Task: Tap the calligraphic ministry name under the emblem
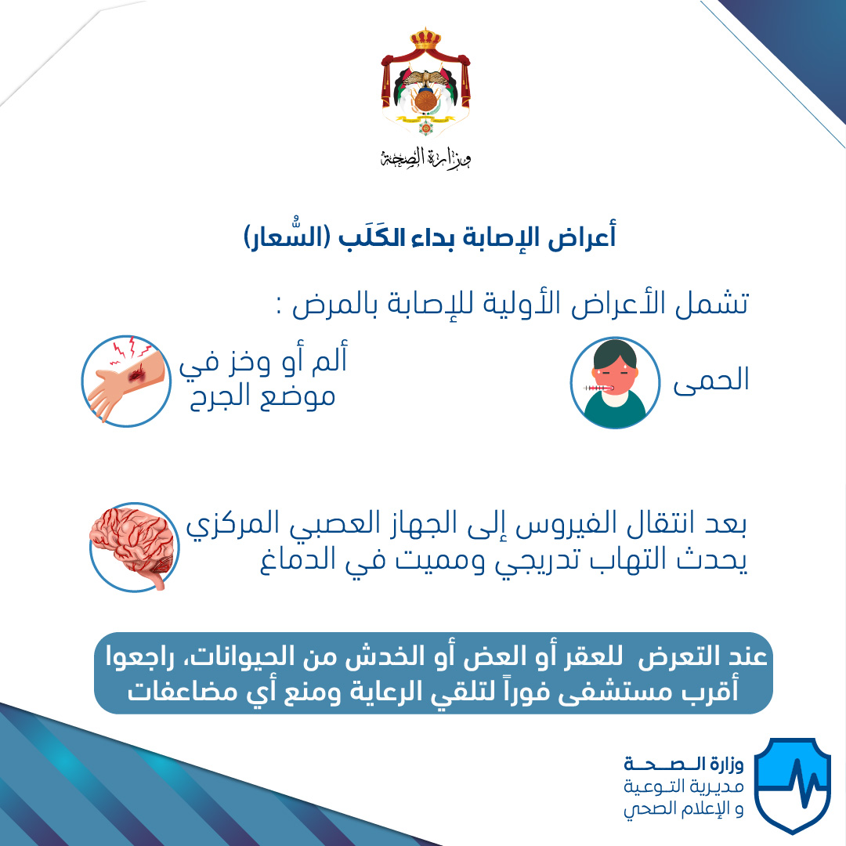coord(425,157)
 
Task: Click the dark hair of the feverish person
coord(615,354)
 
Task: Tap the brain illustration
coord(134,547)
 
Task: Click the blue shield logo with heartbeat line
coord(791,785)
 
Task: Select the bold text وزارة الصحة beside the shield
coord(684,764)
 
